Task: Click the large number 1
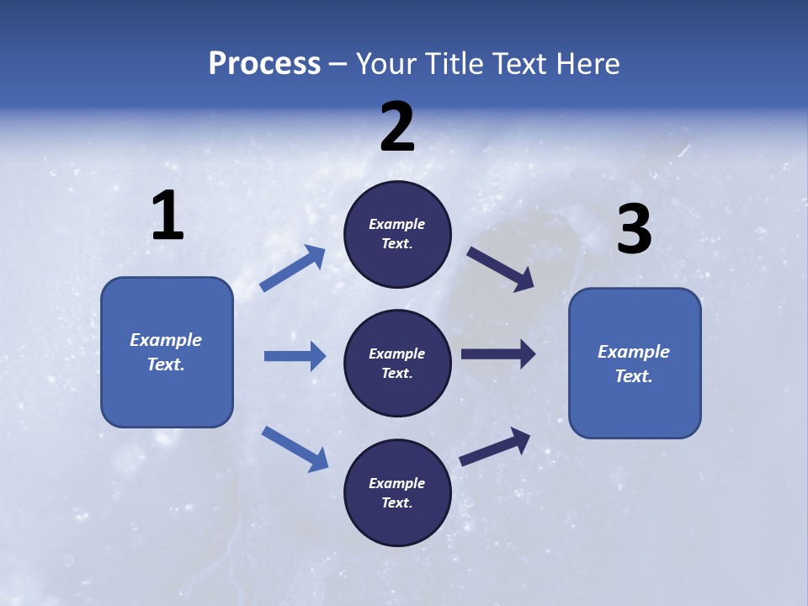[167, 216]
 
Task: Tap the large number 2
[397, 128]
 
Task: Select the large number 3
[634, 231]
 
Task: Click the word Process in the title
[264, 63]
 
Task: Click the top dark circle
[397, 234]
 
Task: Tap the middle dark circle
[397, 364]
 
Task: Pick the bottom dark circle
[397, 492]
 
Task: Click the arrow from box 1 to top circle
[292, 268]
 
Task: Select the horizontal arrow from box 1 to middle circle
[295, 356]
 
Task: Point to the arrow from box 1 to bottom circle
[295, 449]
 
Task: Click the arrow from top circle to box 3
[500, 268]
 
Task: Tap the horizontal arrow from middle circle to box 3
[498, 354]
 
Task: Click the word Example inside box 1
[166, 340]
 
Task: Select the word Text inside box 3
[634, 376]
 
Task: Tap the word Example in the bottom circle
[397, 483]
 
